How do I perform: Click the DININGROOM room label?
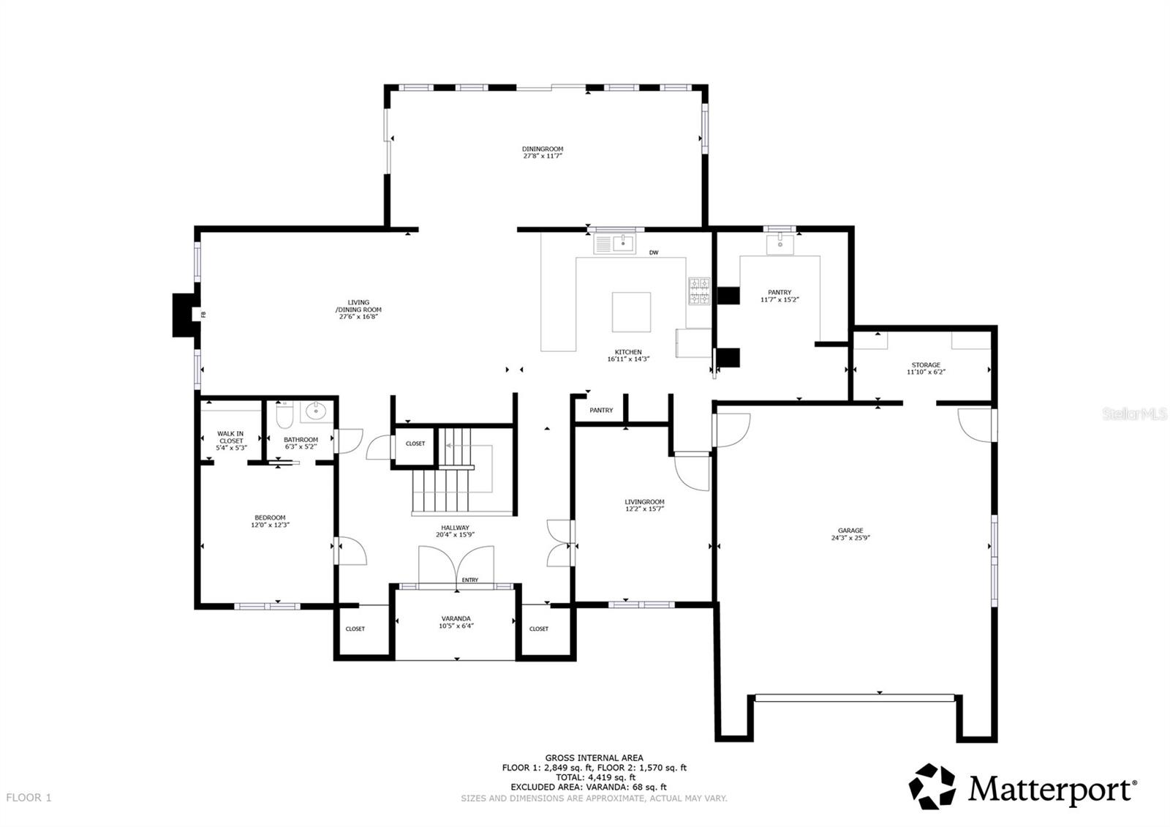[x=543, y=149]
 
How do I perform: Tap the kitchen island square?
[x=631, y=312]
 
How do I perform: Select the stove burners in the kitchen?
[x=699, y=291]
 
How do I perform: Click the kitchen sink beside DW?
[x=624, y=242]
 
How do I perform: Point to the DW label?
[x=654, y=253]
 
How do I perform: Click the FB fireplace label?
[x=203, y=315]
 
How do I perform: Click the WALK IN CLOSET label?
[x=230, y=437]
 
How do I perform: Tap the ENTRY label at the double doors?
[x=470, y=580]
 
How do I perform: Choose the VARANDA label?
[x=456, y=618]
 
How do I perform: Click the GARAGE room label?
[x=850, y=531]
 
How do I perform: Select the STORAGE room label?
[x=926, y=365]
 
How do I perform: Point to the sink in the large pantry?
[x=780, y=243]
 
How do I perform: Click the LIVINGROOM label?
[x=644, y=502]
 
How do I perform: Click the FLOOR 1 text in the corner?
[x=29, y=798]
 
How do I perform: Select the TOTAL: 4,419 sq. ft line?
[x=594, y=777]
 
